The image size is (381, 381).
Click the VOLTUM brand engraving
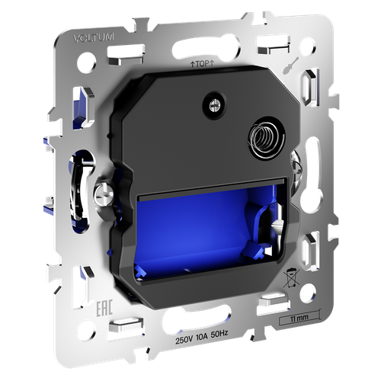(94, 37)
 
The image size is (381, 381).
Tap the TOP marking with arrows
(202, 64)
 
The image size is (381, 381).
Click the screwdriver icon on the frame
(290, 66)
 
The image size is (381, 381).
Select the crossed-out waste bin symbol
(292, 278)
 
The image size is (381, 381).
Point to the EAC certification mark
(104, 309)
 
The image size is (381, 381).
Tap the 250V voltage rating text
(184, 340)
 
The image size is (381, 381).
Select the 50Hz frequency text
(219, 334)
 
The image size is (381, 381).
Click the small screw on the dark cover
(214, 105)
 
